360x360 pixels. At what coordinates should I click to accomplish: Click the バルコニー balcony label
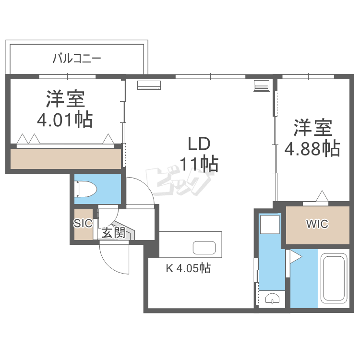tap(76, 59)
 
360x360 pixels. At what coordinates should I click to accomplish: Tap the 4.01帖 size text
tap(65, 120)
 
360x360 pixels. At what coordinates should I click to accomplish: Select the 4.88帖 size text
tap(312, 148)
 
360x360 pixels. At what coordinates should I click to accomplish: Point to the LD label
tap(199, 144)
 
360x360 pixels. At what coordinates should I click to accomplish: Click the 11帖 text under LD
tap(199, 164)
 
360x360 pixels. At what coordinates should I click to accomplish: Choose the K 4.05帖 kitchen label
tap(188, 268)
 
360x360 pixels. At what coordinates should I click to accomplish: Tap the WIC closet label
tap(317, 224)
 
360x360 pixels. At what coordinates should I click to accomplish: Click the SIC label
tap(82, 223)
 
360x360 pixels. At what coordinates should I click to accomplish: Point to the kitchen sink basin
tap(204, 248)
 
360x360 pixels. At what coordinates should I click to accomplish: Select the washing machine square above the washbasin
tap(270, 224)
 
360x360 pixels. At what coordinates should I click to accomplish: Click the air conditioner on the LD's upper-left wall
tap(149, 85)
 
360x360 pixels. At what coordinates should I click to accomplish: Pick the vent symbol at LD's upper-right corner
tap(262, 86)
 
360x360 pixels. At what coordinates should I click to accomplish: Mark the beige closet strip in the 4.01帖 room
tap(65, 158)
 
